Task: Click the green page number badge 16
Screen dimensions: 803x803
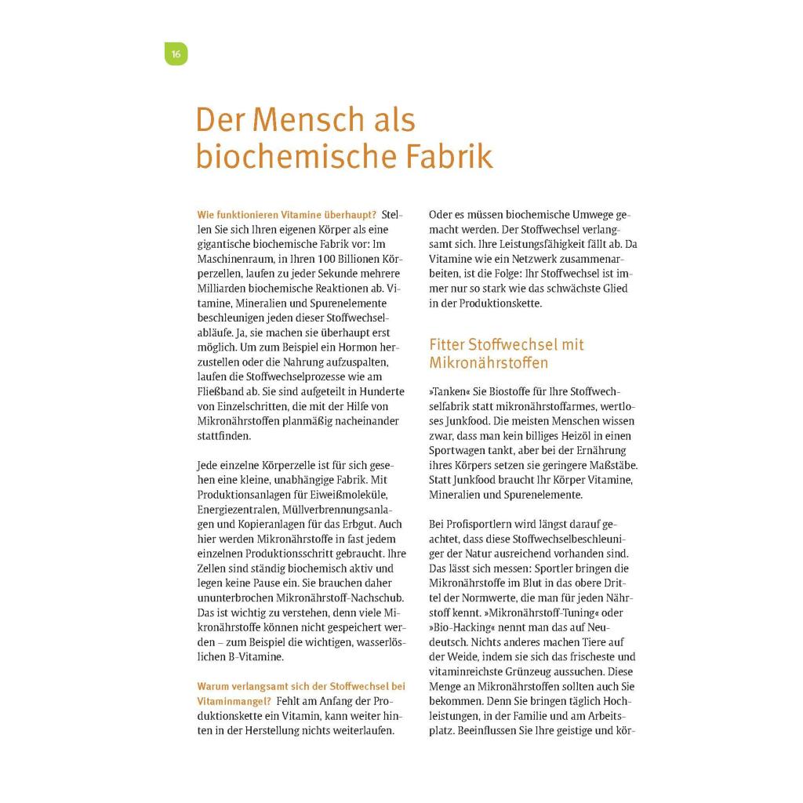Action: click(x=176, y=54)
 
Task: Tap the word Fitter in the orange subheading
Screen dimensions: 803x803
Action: click(x=447, y=344)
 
